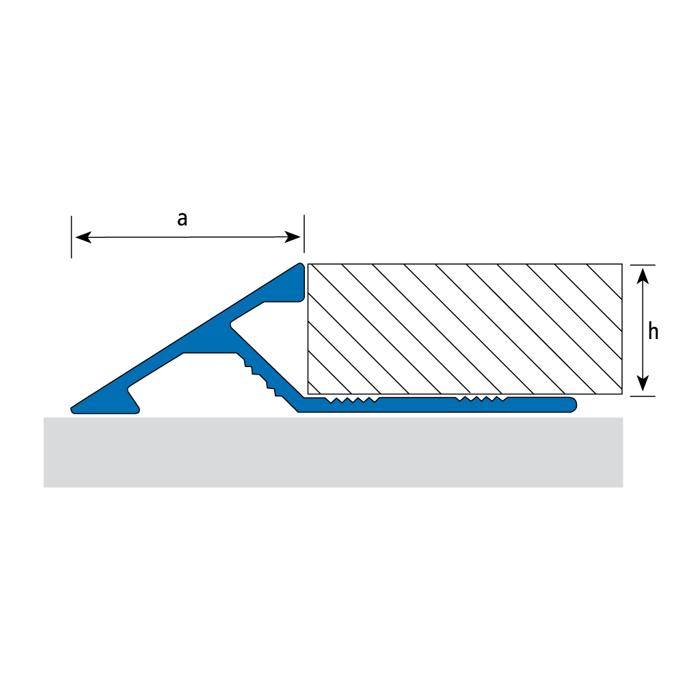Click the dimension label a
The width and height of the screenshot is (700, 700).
click(182, 219)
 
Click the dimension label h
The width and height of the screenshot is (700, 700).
click(654, 332)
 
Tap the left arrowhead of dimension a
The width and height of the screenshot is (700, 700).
click(83, 237)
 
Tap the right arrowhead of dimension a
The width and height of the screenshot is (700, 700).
click(293, 237)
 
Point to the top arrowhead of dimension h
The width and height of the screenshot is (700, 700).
click(643, 275)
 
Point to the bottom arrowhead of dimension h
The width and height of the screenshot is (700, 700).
click(643, 383)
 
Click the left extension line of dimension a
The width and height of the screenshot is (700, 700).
click(71, 237)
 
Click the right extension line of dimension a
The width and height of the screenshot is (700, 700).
click(304, 234)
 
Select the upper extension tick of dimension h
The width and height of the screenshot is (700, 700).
click(643, 265)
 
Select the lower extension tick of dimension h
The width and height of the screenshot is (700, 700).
click(643, 396)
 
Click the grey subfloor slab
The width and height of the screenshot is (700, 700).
click(333, 453)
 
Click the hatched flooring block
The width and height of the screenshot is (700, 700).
click(465, 329)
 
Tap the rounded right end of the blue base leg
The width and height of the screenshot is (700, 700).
click(572, 405)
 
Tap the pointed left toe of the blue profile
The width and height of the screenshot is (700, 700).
click(72, 409)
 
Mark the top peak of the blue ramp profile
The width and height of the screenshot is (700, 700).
click(301, 265)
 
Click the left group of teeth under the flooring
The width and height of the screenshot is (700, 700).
click(353, 399)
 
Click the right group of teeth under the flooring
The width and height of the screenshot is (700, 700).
click(481, 399)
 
